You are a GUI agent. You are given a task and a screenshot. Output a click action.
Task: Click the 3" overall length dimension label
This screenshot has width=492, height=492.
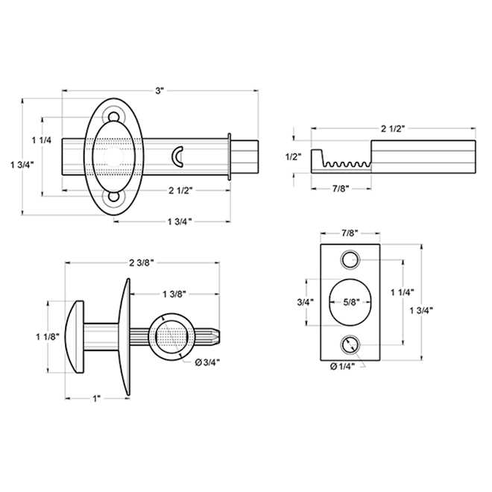point(160,91)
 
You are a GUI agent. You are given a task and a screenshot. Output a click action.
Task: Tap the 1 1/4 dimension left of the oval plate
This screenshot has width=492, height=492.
point(42,140)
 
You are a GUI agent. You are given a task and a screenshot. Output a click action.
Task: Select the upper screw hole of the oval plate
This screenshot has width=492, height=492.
point(113,117)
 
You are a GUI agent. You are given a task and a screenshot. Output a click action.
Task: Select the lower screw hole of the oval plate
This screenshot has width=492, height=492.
point(113,197)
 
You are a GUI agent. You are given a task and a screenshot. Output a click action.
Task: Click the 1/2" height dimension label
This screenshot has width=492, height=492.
point(294,157)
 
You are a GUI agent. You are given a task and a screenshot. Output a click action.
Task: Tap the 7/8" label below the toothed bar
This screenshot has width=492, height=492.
point(341,189)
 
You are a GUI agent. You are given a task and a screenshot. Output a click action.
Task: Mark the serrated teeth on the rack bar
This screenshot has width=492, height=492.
point(347,164)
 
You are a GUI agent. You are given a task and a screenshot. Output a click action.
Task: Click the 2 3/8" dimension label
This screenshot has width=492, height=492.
point(142,263)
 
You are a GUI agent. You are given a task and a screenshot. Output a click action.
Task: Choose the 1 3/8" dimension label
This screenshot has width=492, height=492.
point(174,294)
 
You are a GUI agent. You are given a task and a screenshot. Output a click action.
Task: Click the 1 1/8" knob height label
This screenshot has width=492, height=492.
point(48,337)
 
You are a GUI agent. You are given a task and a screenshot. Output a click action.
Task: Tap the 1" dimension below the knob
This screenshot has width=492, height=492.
point(96,399)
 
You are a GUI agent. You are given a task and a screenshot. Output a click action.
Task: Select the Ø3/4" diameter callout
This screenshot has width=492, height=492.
point(207,363)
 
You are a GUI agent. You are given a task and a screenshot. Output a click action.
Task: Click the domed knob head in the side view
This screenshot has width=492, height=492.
point(75,337)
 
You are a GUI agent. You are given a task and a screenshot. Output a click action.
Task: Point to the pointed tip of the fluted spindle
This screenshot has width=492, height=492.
point(218,336)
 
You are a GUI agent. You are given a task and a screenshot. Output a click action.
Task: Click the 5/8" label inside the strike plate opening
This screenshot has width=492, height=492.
point(351,302)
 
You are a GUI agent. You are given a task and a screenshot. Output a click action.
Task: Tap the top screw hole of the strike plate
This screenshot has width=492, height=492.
point(350,260)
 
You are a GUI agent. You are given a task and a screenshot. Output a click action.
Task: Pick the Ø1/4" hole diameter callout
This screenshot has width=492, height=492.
point(342,366)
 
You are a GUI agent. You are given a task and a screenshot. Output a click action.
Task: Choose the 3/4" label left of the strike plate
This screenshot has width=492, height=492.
point(306,302)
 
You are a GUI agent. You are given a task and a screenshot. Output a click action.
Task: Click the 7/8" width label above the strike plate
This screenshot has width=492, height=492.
point(350,233)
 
